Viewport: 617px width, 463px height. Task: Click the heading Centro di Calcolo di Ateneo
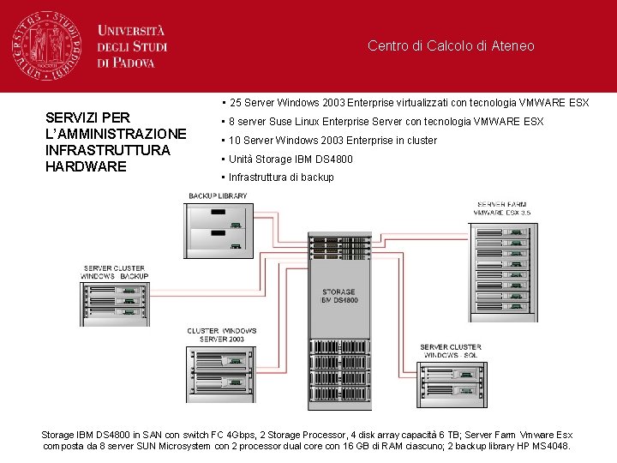pos(451,46)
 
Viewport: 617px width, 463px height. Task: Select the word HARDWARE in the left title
pos(86,165)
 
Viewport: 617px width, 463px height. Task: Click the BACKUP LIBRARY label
pos(218,196)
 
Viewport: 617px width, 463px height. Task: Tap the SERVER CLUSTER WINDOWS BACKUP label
pos(116,273)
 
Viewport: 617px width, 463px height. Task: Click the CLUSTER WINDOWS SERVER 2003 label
pos(221,335)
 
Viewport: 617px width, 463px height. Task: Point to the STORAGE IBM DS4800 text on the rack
pos(338,297)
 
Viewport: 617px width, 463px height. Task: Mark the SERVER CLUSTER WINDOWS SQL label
pos(451,351)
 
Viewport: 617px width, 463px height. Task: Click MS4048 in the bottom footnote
pos(549,447)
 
